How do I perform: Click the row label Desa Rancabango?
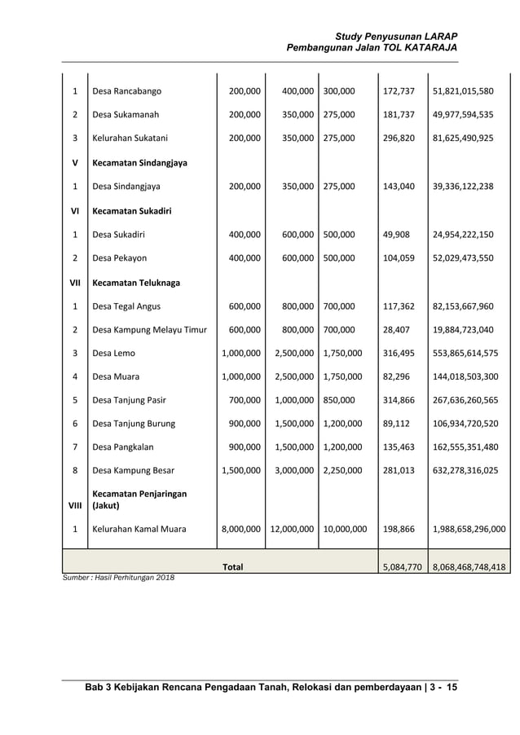pyautogui.click(x=127, y=90)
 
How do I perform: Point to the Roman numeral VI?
pyautogui.click(x=75, y=210)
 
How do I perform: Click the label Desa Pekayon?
pyautogui.click(x=120, y=258)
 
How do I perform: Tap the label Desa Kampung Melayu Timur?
pyautogui.click(x=150, y=330)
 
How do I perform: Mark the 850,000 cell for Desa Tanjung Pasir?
pyautogui.click(x=339, y=401)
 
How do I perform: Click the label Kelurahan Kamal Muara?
pyautogui.click(x=139, y=529)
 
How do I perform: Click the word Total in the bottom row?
pyautogui.click(x=233, y=566)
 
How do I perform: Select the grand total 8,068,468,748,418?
pyautogui.click(x=469, y=566)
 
